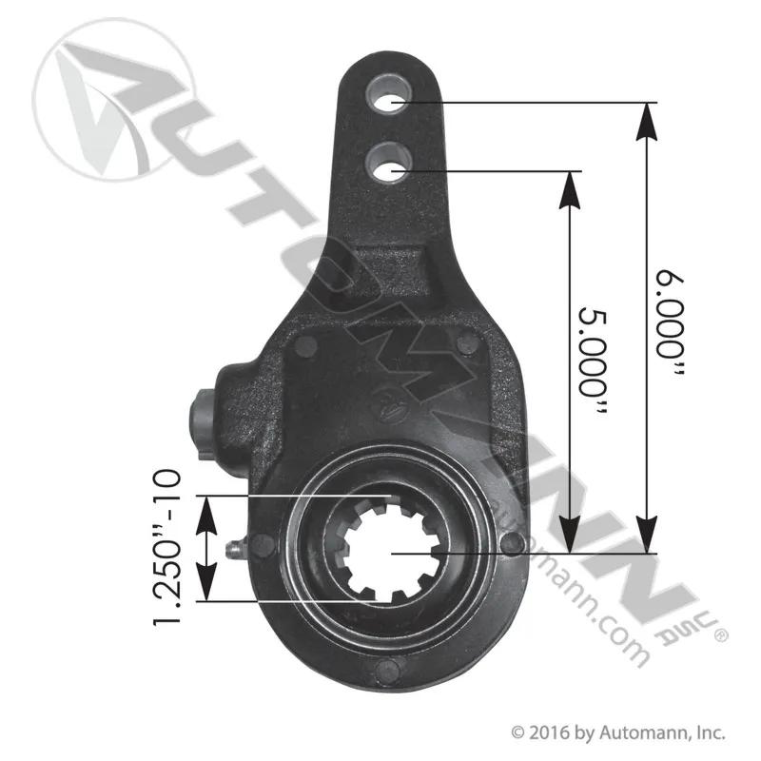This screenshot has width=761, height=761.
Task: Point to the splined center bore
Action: [x=391, y=552]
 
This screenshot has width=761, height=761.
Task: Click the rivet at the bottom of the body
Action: [x=388, y=671]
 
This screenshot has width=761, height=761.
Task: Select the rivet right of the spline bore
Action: [x=513, y=543]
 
